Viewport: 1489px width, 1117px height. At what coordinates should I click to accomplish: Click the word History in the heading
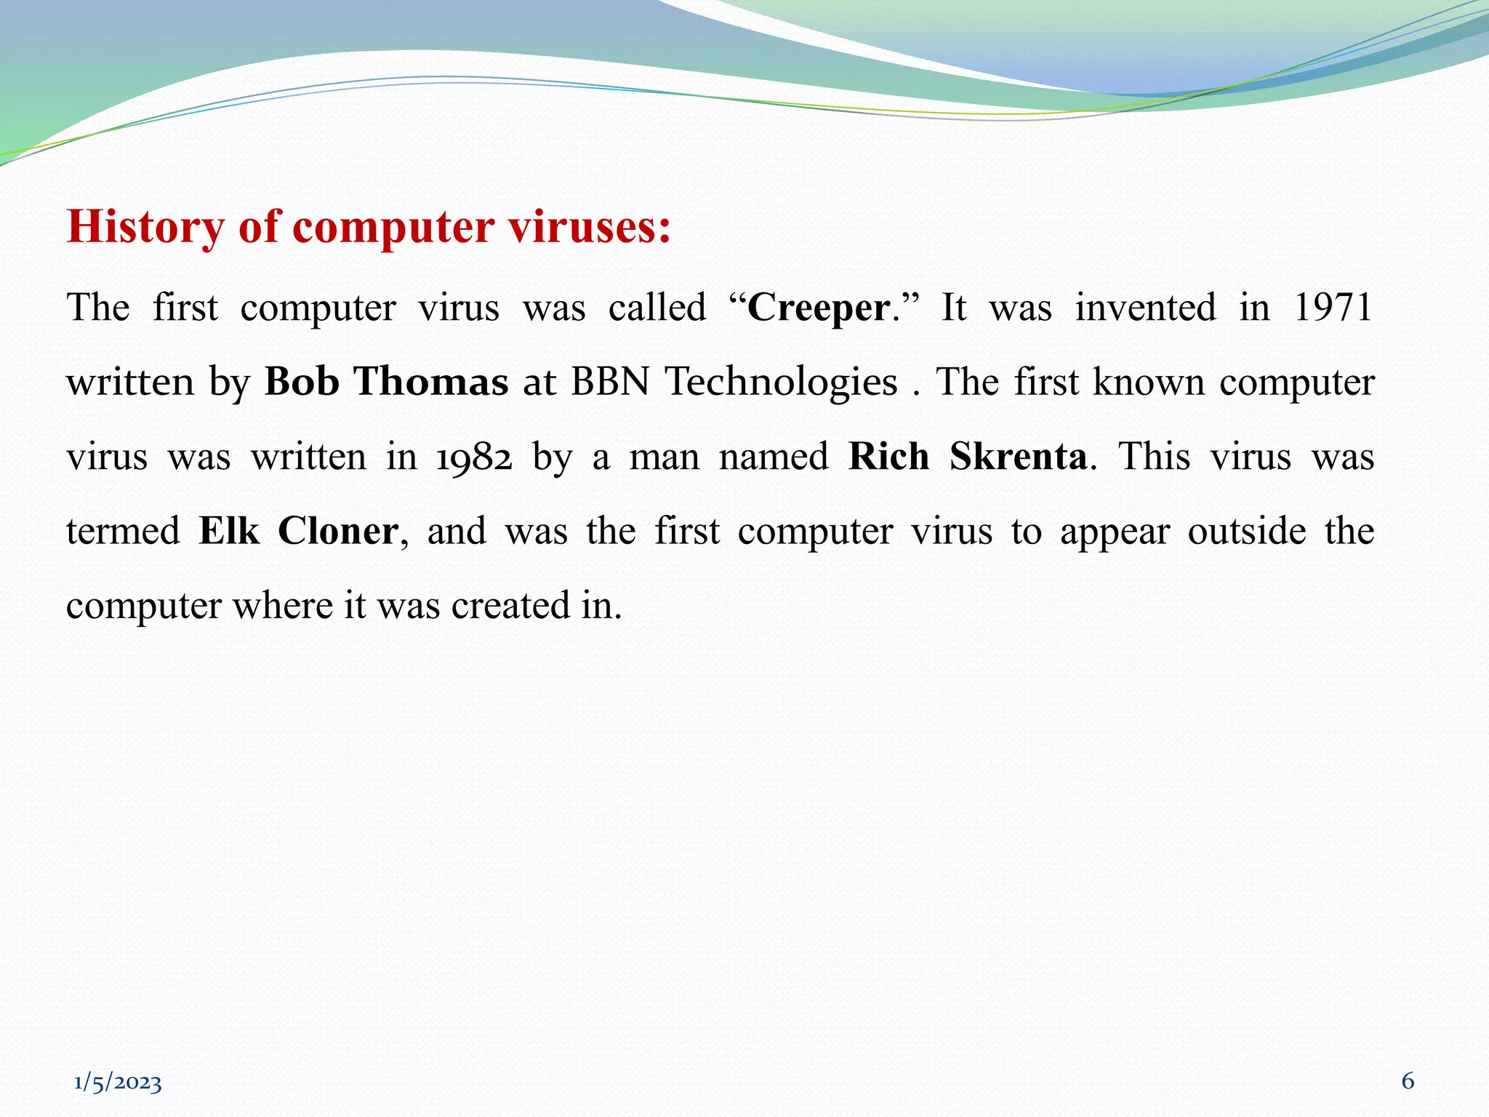(145, 227)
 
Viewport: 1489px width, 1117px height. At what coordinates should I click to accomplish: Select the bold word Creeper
(818, 308)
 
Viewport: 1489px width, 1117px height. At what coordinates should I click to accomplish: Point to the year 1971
(1333, 307)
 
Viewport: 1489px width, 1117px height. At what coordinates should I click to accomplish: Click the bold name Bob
(302, 382)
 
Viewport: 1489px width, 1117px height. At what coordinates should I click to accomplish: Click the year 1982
(474, 457)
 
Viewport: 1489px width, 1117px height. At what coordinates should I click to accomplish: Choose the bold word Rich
(888, 457)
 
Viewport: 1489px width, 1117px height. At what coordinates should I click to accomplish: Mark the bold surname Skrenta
(1018, 457)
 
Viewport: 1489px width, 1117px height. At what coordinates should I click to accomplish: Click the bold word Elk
(228, 531)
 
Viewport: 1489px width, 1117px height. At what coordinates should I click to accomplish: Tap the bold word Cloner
(338, 531)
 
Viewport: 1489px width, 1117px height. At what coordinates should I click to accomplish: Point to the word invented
(1145, 307)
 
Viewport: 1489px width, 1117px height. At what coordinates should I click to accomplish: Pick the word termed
(123, 531)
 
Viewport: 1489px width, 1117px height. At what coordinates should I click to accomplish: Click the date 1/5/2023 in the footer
(118, 1083)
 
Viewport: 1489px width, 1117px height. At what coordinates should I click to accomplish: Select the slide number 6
(1408, 1081)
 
